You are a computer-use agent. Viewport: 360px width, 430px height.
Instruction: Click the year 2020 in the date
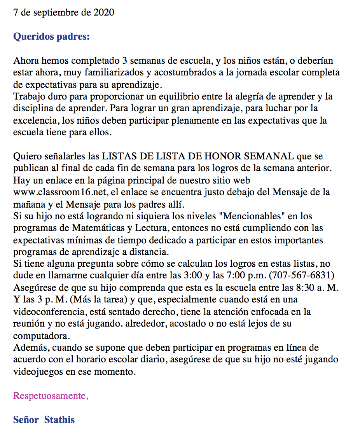coord(104,12)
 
